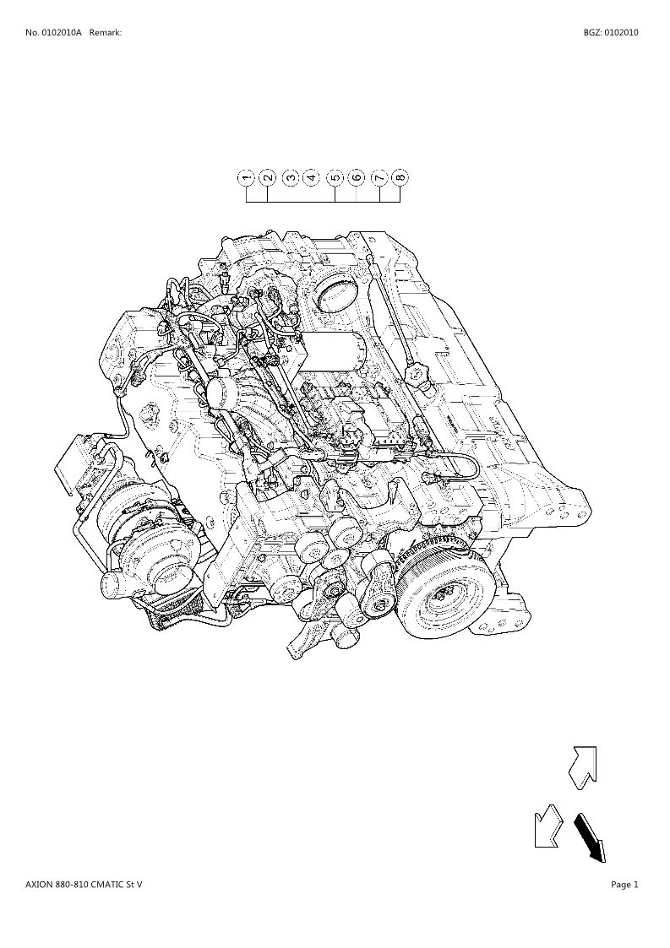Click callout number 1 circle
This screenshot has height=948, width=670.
pos(247,178)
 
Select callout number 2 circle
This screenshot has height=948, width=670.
pos(268,178)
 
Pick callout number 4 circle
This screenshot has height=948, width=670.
pos(311,178)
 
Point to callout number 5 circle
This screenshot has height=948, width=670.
pos(335,178)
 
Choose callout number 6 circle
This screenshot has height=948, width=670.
pos(356,178)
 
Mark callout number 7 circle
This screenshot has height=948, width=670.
pos(379,178)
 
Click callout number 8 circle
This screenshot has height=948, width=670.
pos(400,178)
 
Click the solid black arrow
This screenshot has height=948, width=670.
pos(590,837)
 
